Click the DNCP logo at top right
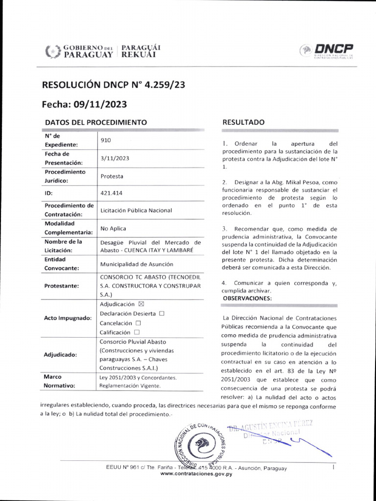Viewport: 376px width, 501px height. (x=327, y=50)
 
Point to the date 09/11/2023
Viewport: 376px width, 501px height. (x=100, y=104)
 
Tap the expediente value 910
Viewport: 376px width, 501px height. (x=105, y=140)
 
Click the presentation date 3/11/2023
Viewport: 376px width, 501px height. (x=115, y=158)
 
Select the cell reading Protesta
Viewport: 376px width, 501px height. (x=112, y=176)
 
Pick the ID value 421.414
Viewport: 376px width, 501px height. (x=111, y=193)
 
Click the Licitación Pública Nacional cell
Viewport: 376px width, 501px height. (x=136, y=210)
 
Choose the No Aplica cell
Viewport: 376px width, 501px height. (x=113, y=228)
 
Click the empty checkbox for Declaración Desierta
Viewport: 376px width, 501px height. (x=162, y=313)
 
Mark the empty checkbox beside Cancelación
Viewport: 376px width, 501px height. (x=138, y=323)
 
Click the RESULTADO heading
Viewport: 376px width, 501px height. (x=243, y=122)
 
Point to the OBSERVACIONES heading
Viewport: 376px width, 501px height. (x=247, y=298)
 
